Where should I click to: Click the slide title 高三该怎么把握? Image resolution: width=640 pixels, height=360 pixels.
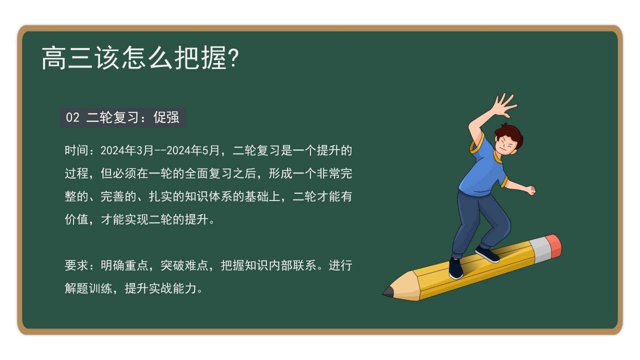click(x=140, y=58)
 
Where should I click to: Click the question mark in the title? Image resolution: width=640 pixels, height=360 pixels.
click(x=232, y=58)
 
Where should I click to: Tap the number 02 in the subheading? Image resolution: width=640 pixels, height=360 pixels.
click(x=72, y=117)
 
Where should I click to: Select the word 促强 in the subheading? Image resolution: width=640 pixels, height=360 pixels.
click(x=166, y=117)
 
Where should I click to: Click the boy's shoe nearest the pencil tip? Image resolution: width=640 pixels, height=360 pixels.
click(x=455, y=269)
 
